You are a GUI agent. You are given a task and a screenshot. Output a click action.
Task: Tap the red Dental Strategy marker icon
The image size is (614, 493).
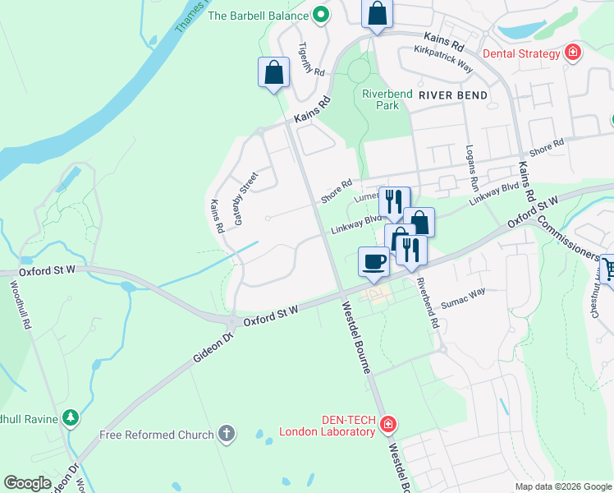click(x=573, y=54)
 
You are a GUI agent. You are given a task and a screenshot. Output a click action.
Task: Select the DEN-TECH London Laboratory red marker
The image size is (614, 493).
click(x=388, y=425)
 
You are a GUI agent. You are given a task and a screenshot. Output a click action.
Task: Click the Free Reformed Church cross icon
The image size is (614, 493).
click(x=227, y=433)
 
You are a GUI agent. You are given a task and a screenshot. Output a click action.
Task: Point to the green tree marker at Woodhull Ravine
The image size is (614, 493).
click(x=71, y=418)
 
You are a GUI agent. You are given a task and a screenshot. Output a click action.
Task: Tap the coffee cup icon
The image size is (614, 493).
click(x=373, y=261)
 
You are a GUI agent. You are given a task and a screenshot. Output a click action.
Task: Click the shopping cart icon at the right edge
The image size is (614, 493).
click(x=608, y=269)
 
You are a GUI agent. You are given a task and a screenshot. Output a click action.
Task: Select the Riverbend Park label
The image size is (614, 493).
click(x=380, y=99)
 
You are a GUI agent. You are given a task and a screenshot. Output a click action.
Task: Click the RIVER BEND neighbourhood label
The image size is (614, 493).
click(x=452, y=95)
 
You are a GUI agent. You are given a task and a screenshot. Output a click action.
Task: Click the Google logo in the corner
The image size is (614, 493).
click(x=28, y=482)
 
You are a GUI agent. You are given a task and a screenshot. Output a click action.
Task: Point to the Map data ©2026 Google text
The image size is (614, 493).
click(x=562, y=486)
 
